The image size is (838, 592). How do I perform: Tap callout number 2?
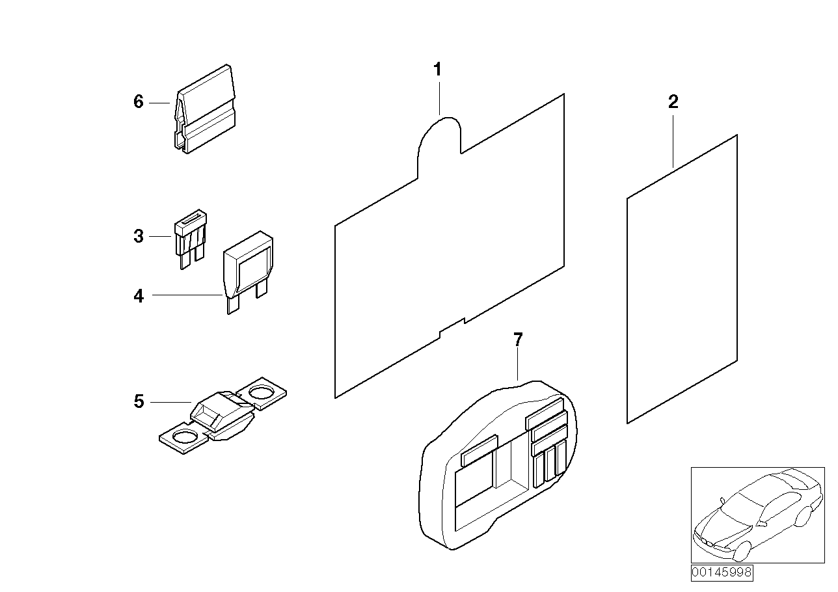point(673,101)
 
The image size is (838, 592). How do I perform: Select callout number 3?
point(138,236)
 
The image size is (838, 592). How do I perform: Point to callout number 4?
point(138,297)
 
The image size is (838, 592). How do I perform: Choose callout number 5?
point(138,402)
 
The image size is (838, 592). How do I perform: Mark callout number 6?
point(138,102)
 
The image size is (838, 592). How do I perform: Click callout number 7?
point(517,339)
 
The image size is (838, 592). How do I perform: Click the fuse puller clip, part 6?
point(204,111)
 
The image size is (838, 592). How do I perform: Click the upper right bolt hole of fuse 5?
point(261,392)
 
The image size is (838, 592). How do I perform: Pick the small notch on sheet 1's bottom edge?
point(452,327)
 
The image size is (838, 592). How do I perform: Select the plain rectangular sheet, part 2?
point(682,280)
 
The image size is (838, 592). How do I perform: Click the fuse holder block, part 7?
point(498,462)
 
